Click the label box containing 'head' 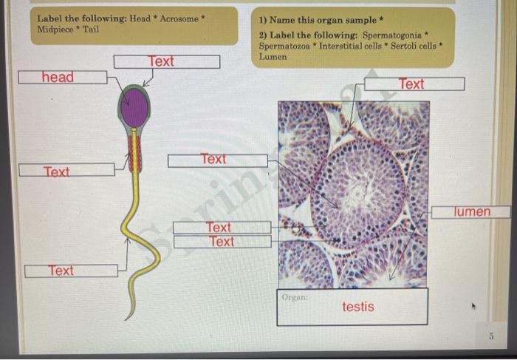point(63,77)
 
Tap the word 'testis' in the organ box point(357,306)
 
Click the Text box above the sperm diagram point(167,61)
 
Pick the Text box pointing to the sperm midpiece point(66,171)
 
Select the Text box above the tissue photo point(414,84)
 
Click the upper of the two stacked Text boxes point(222,228)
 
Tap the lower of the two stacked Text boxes point(222,241)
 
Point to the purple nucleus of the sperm point(135,111)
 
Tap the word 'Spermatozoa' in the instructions point(285,46)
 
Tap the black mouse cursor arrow point(473,304)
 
